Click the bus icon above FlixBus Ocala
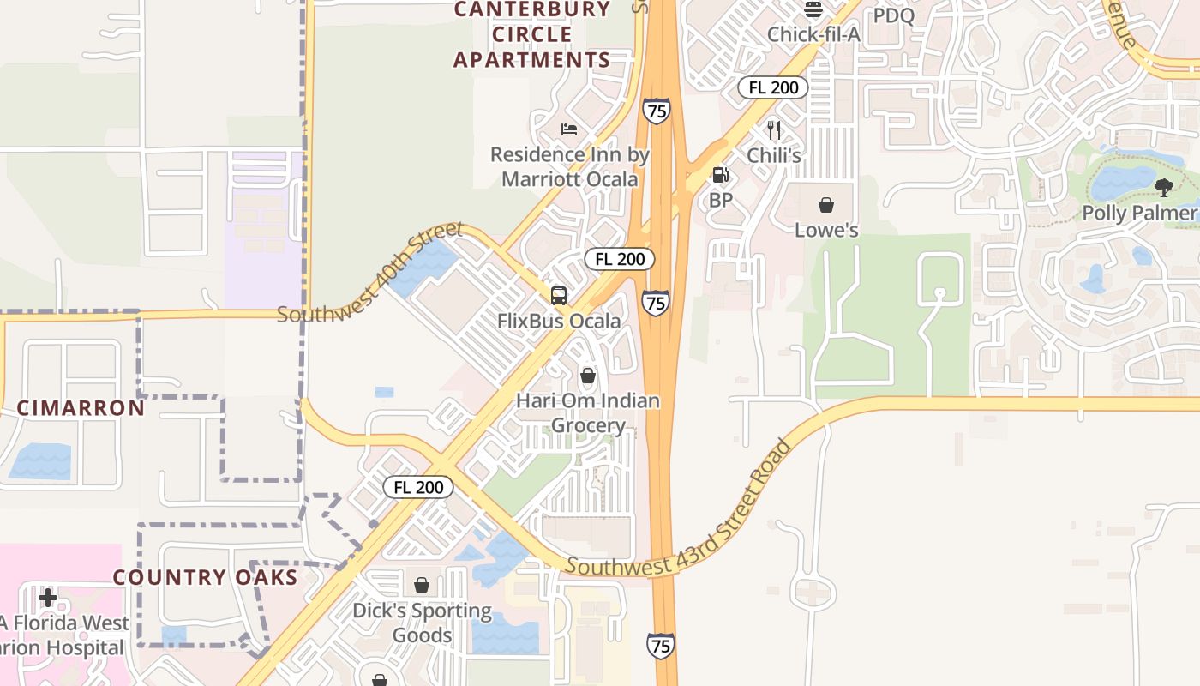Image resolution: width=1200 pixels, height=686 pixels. tap(559, 296)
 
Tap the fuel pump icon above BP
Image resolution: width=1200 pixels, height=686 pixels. tap(721, 175)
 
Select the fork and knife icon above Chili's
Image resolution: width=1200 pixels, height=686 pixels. tap(774, 129)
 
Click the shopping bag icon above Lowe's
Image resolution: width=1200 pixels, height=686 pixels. tap(826, 205)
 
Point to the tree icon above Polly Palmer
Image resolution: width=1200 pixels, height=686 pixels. tap(1163, 187)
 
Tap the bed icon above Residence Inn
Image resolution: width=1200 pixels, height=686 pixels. tap(569, 129)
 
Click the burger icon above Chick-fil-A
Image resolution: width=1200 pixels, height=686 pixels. tap(813, 9)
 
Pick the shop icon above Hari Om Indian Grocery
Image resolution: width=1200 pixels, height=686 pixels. tap(588, 376)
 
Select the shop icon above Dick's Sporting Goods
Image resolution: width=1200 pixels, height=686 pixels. tap(422, 585)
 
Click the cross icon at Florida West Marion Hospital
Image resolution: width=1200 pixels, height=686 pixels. tap(48, 597)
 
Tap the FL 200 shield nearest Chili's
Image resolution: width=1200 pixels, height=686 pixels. tap(773, 87)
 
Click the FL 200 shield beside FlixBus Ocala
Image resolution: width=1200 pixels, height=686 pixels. tap(620, 259)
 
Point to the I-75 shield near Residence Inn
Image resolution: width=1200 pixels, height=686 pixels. tap(656, 111)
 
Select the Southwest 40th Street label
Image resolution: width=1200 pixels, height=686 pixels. tap(370, 274)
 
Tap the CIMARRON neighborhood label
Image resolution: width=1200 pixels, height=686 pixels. tap(81, 408)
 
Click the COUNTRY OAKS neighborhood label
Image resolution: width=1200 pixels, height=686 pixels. tap(206, 577)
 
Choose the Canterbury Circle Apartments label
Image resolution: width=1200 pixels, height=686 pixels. tap(531, 34)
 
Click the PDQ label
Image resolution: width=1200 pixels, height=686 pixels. tap(894, 15)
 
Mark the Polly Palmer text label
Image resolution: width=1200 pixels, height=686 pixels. tap(1138, 213)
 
